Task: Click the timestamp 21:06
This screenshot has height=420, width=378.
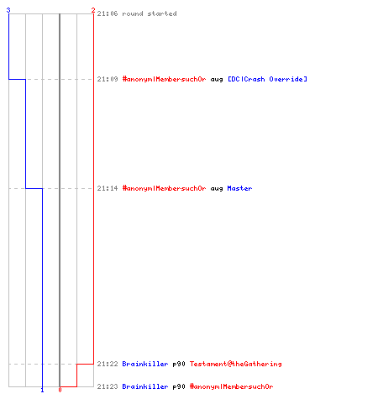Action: tap(108, 13)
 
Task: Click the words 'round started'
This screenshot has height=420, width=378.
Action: tap(150, 13)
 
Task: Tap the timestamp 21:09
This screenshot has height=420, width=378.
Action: tap(108, 79)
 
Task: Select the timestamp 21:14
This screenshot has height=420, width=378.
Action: tap(108, 188)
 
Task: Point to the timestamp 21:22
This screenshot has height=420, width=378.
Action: tap(108, 364)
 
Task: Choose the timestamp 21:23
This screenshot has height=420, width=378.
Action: tap(108, 386)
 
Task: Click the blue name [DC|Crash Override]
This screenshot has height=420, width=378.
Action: tap(267, 79)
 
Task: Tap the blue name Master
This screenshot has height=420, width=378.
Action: tap(239, 188)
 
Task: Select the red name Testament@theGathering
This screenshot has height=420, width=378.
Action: tap(236, 364)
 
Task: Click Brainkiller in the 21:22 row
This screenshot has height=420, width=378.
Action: tap(145, 364)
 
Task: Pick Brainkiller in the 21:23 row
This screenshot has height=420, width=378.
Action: tap(145, 386)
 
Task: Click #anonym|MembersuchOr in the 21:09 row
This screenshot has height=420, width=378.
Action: tap(164, 79)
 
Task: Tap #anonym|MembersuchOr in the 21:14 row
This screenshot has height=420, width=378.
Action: tap(164, 188)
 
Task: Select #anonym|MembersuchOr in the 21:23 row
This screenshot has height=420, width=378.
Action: tap(232, 386)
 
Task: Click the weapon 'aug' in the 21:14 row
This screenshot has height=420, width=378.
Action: tap(217, 189)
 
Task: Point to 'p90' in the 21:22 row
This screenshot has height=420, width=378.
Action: tap(179, 364)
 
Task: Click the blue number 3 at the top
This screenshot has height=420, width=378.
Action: tap(8, 10)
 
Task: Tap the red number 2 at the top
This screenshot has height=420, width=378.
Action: tap(93, 10)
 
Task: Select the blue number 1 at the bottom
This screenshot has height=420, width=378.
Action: tap(42, 390)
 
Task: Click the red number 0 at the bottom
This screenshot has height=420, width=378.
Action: tap(60, 390)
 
